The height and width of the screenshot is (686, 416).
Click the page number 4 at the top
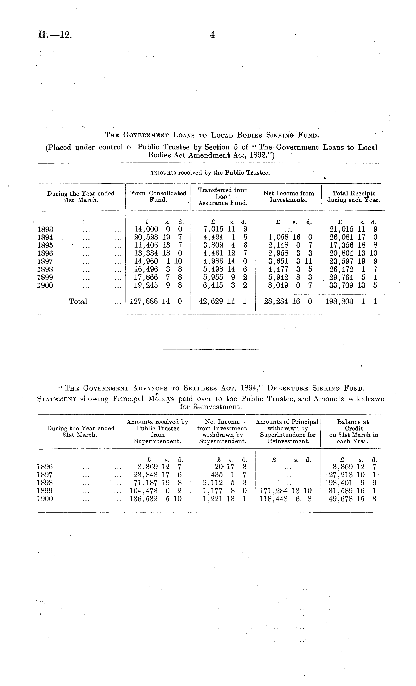pyautogui.click(x=212, y=35)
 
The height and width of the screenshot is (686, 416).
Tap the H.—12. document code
pyautogui.click(x=55, y=35)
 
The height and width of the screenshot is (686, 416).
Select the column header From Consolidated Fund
pyautogui.click(x=158, y=196)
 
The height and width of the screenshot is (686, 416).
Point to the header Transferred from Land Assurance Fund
pyautogui.click(x=223, y=196)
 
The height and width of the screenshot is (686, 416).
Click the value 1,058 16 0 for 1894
pyautogui.click(x=290, y=237)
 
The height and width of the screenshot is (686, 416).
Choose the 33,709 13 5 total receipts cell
pyautogui.click(x=353, y=285)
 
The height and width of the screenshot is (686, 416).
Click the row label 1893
pyautogui.click(x=45, y=229)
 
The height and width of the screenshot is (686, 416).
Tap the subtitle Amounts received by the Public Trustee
pyautogui.click(x=210, y=173)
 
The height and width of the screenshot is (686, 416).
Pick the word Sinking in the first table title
pyautogui.click(x=281, y=135)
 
